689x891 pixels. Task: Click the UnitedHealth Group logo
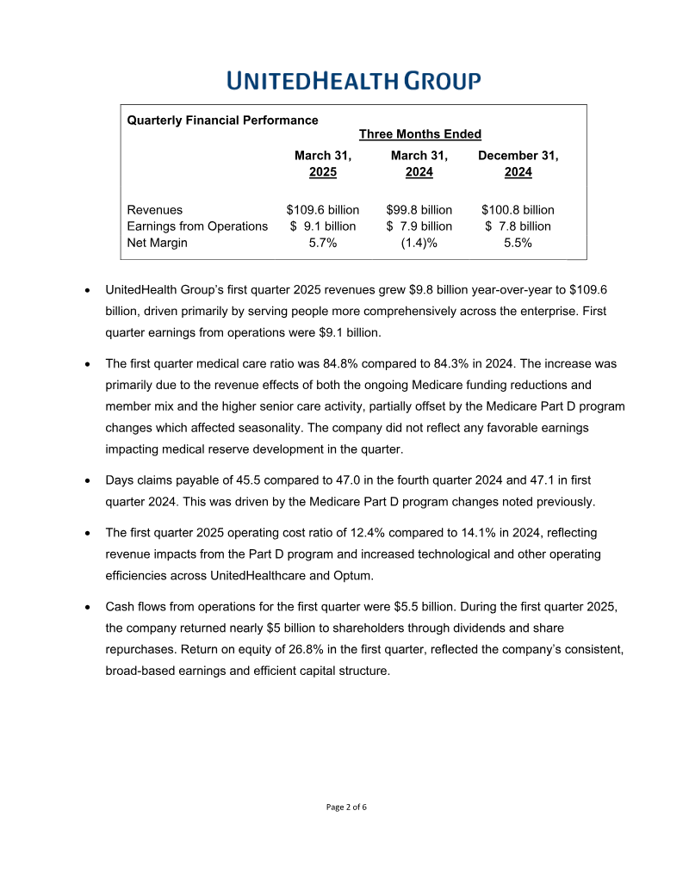point(354,82)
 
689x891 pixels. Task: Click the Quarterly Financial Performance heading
point(222,121)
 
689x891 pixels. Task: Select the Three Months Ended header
point(419,134)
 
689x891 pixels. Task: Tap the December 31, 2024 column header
point(518,164)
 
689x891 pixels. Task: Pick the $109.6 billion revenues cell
point(323,210)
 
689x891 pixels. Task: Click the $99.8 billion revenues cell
point(419,210)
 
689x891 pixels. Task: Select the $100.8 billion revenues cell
point(518,210)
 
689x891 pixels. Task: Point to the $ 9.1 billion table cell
point(323,226)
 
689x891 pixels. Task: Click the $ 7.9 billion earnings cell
point(419,226)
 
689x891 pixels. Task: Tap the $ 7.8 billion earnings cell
point(518,226)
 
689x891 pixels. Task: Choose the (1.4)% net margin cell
point(419,243)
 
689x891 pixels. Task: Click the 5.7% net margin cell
point(323,243)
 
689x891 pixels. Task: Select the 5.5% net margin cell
point(518,243)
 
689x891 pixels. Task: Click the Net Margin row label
point(157,243)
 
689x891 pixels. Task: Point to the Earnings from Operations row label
point(197,226)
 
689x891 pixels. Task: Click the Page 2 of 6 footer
point(346,807)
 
